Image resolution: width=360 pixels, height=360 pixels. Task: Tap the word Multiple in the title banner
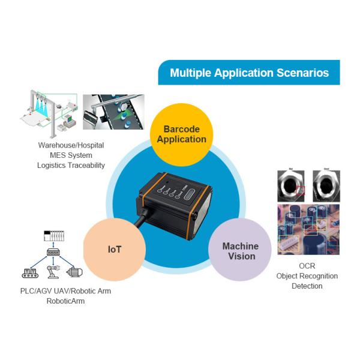coord(189,73)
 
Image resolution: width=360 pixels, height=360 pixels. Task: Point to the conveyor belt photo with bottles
coord(113,112)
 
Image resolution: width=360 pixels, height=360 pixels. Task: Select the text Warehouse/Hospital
coord(71,145)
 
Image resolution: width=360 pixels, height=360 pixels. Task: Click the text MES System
coord(71,155)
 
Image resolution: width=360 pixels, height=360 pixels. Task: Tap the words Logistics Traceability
coord(71,165)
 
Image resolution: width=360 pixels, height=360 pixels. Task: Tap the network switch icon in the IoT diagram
coord(54,253)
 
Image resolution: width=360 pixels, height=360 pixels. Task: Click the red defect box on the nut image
coord(301,191)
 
